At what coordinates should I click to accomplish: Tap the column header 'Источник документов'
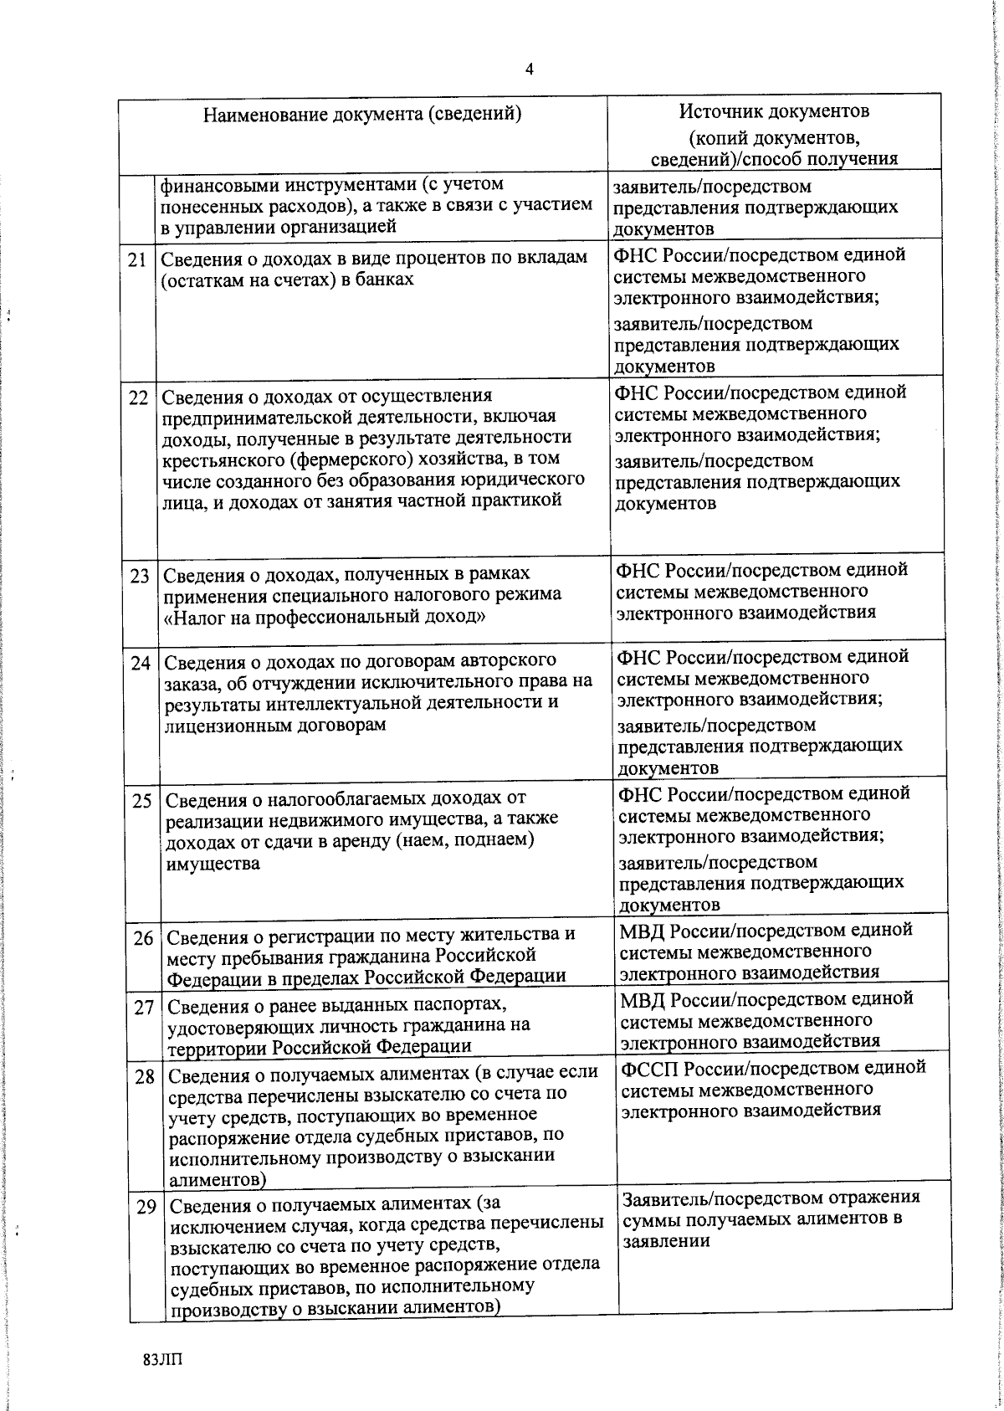point(774,111)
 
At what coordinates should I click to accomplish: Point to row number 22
point(138,398)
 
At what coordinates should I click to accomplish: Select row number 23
point(140,577)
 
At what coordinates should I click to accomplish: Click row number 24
point(141,664)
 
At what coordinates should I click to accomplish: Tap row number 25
point(141,801)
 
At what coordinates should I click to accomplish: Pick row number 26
point(142,938)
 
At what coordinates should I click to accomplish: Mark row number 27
point(143,1008)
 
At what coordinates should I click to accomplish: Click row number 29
point(147,1208)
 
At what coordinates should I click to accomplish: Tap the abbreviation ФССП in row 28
point(652,1069)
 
